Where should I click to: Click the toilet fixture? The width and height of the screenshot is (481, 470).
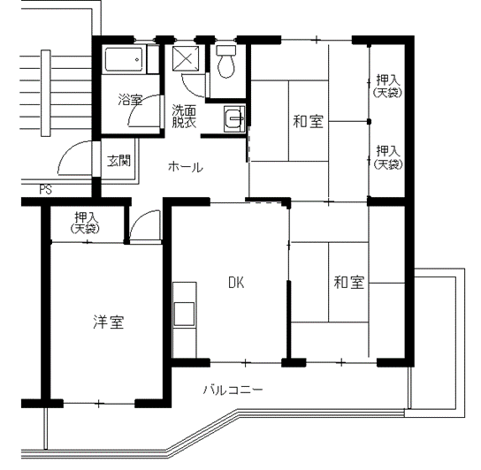click(226, 61)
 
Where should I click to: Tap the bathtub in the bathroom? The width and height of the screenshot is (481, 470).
click(124, 59)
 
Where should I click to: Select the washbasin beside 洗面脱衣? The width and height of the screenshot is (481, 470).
click(234, 119)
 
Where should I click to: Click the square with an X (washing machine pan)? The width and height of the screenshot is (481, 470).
click(186, 58)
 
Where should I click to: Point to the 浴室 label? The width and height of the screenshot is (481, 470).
click(130, 100)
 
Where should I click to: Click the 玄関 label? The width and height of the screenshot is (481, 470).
click(119, 161)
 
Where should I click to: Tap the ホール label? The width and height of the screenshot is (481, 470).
click(186, 167)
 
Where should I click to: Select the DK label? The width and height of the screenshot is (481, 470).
click(236, 283)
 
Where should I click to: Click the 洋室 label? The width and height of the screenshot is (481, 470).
click(109, 322)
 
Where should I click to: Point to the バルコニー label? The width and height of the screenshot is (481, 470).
click(233, 390)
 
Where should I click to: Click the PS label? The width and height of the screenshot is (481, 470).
click(45, 190)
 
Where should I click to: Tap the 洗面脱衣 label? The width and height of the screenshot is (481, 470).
click(184, 117)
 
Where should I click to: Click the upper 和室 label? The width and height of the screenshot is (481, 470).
click(308, 121)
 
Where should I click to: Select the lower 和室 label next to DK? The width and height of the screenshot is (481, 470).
click(348, 282)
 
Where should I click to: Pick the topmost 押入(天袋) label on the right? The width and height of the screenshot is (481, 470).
click(387, 87)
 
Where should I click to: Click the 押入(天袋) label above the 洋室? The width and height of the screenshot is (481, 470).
click(85, 223)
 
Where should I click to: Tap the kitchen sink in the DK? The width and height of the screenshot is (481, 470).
click(184, 314)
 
